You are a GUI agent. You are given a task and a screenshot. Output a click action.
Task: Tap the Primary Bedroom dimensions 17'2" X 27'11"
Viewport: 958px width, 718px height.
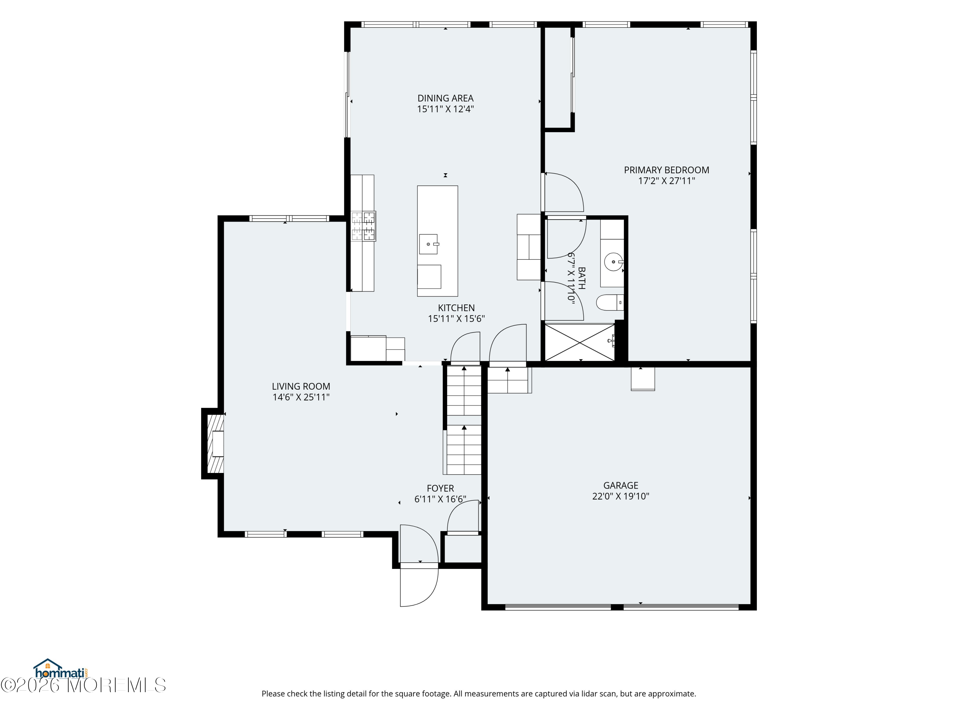(666, 181)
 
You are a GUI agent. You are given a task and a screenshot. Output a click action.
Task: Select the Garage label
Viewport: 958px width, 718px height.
(620, 486)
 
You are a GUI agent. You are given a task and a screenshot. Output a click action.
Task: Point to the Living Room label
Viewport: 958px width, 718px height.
(301, 386)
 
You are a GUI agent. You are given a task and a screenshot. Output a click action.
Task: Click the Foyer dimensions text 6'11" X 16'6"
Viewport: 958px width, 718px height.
(440, 499)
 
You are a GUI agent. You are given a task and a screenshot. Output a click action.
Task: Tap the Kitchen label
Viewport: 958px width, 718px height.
(456, 308)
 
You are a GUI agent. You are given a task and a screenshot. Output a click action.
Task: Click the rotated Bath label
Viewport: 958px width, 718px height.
(582, 278)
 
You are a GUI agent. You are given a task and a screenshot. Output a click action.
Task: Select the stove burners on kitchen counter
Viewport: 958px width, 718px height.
(363, 226)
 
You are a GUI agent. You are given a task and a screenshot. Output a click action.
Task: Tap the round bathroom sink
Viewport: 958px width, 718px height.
(614, 262)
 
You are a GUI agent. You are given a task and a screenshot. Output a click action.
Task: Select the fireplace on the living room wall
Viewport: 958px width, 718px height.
(215, 444)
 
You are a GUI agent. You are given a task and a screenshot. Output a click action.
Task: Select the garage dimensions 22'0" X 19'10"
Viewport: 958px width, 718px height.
(620, 497)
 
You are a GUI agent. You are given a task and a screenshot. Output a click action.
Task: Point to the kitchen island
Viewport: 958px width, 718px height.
(437, 241)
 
